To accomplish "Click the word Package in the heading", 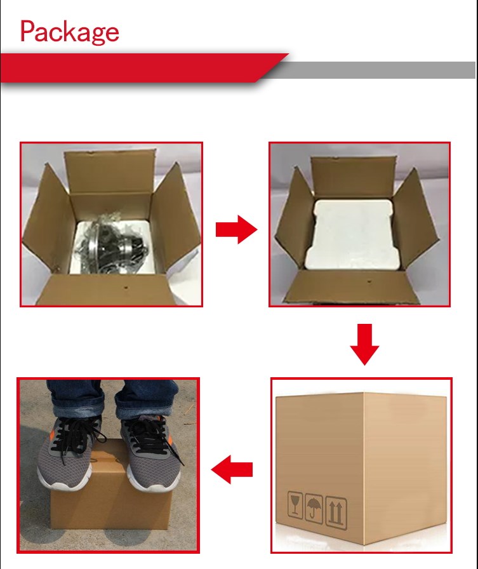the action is click(x=69, y=32).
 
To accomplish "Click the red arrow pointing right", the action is click(x=237, y=229).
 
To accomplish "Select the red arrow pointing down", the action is click(x=364, y=344).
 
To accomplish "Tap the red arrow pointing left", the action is click(x=232, y=469).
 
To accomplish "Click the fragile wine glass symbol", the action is click(x=295, y=505).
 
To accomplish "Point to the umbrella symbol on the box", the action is click(x=314, y=508).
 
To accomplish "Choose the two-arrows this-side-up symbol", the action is click(x=336, y=512).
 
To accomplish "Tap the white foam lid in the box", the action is click(x=350, y=234).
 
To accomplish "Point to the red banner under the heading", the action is click(x=142, y=68).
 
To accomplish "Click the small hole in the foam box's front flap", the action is click(x=369, y=281).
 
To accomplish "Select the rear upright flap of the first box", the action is click(x=110, y=173).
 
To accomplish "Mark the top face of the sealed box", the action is click(x=361, y=394).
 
